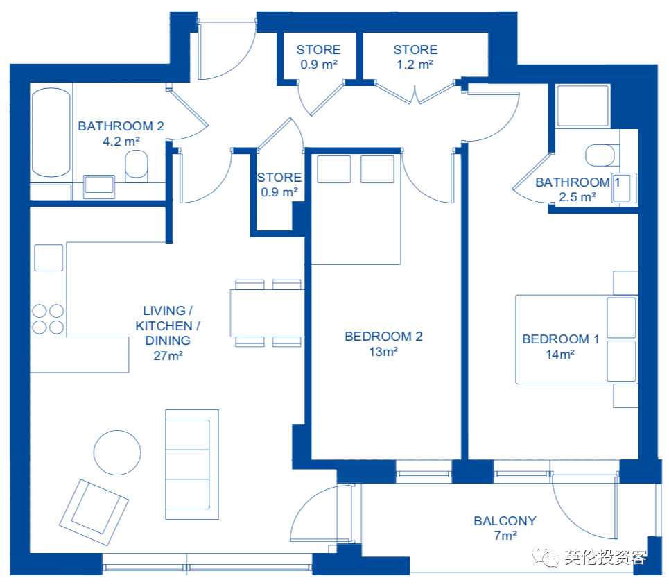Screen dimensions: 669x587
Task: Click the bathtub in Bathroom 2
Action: (x=51, y=133)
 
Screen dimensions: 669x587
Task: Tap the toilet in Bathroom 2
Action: (x=136, y=164)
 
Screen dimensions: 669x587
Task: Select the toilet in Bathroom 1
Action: (x=600, y=155)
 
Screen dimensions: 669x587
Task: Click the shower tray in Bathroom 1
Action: (x=582, y=105)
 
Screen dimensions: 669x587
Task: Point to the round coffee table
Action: (x=117, y=452)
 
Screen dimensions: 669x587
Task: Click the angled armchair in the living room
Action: (x=94, y=512)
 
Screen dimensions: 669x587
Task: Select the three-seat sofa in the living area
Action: (x=192, y=464)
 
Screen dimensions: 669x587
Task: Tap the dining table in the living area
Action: (x=267, y=314)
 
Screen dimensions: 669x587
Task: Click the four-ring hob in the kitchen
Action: (x=48, y=318)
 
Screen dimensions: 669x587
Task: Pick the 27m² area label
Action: (x=168, y=356)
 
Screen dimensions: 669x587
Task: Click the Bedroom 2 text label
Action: (x=383, y=337)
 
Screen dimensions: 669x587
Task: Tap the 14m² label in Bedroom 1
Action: (x=560, y=355)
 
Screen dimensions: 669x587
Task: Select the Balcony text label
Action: (x=505, y=521)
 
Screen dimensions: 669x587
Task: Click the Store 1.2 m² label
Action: (x=415, y=57)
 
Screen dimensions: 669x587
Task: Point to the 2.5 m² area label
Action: (x=577, y=197)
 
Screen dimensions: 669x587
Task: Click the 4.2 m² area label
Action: (x=121, y=142)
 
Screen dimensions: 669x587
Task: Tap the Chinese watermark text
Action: (x=606, y=557)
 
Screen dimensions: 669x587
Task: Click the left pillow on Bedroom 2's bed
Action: (x=334, y=169)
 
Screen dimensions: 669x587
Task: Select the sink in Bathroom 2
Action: (x=99, y=186)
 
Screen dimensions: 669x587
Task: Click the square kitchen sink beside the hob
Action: (x=49, y=257)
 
